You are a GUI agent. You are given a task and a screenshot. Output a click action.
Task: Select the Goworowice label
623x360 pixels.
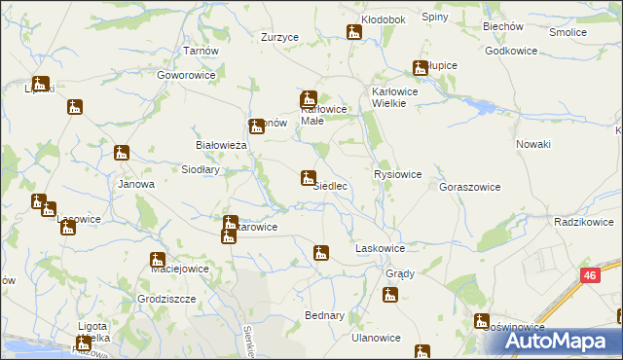click(x=184, y=74)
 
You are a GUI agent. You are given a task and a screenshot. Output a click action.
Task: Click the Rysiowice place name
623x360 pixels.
click(x=397, y=174)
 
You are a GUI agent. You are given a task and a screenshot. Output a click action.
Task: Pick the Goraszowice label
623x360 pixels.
click(x=470, y=187)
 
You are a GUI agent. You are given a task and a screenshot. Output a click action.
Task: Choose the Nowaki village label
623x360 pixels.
click(x=533, y=144)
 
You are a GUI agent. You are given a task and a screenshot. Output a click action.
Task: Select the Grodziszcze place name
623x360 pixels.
click(x=167, y=299)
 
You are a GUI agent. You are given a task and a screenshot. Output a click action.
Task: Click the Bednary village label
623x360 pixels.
click(x=324, y=316)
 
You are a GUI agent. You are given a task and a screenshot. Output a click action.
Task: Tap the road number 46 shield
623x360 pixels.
click(x=590, y=276)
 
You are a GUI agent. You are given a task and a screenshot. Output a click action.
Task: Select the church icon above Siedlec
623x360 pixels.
click(x=307, y=178)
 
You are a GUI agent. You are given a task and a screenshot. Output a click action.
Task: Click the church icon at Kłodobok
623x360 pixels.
click(x=354, y=33)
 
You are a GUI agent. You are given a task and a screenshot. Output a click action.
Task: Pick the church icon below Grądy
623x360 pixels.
click(x=391, y=293)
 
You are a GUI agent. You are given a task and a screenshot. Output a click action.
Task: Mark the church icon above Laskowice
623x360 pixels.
click(x=321, y=253)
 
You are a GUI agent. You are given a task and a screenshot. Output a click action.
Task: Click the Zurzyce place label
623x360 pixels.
click(x=279, y=37)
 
